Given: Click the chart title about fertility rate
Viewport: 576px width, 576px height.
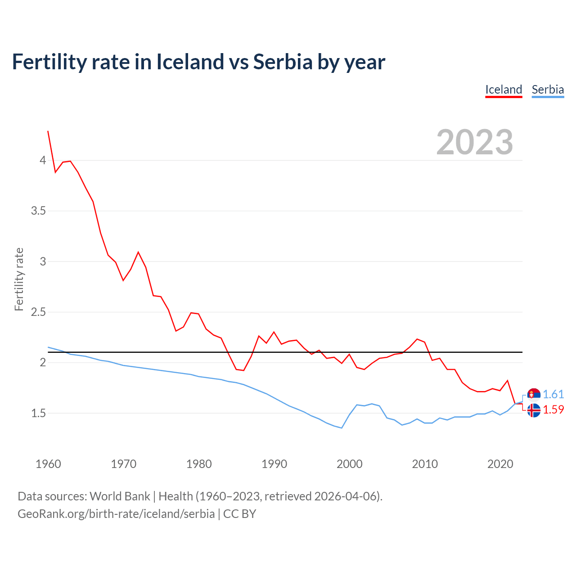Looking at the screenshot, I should tap(198, 62).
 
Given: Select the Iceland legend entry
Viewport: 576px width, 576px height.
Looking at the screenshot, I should tap(504, 90).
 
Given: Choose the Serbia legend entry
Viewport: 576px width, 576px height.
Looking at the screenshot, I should tap(548, 90).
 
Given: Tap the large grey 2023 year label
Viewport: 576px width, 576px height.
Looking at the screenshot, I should tap(475, 142).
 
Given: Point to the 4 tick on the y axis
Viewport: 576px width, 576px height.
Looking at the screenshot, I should tap(43, 160).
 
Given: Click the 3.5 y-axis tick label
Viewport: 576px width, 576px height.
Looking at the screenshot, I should tap(39, 211).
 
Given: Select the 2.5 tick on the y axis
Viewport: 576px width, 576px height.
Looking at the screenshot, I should tap(39, 312).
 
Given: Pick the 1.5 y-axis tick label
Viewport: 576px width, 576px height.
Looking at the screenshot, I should tap(39, 413).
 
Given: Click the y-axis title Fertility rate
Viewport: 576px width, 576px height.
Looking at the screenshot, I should tap(19, 279).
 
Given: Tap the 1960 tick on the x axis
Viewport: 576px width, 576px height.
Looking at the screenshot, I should tap(48, 464).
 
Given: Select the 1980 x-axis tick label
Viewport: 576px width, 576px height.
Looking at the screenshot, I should tap(199, 464).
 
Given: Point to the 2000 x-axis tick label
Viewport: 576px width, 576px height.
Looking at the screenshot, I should tap(350, 464).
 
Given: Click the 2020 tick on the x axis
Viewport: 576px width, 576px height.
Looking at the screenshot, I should tap(500, 464).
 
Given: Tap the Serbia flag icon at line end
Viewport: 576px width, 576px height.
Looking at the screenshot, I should tap(534, 395).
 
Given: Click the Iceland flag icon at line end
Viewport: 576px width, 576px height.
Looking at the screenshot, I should tap(534, 410).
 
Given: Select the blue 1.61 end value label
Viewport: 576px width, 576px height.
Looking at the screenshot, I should tap(553, 395).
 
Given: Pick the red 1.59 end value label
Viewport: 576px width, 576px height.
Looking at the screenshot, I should tap(553, 410).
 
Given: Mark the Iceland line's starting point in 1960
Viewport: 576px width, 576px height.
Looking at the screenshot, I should tap(48, 131).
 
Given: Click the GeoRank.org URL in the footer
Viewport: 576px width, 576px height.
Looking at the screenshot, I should tap(116, 514).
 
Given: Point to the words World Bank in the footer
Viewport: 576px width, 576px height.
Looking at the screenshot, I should tap(120, 496).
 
